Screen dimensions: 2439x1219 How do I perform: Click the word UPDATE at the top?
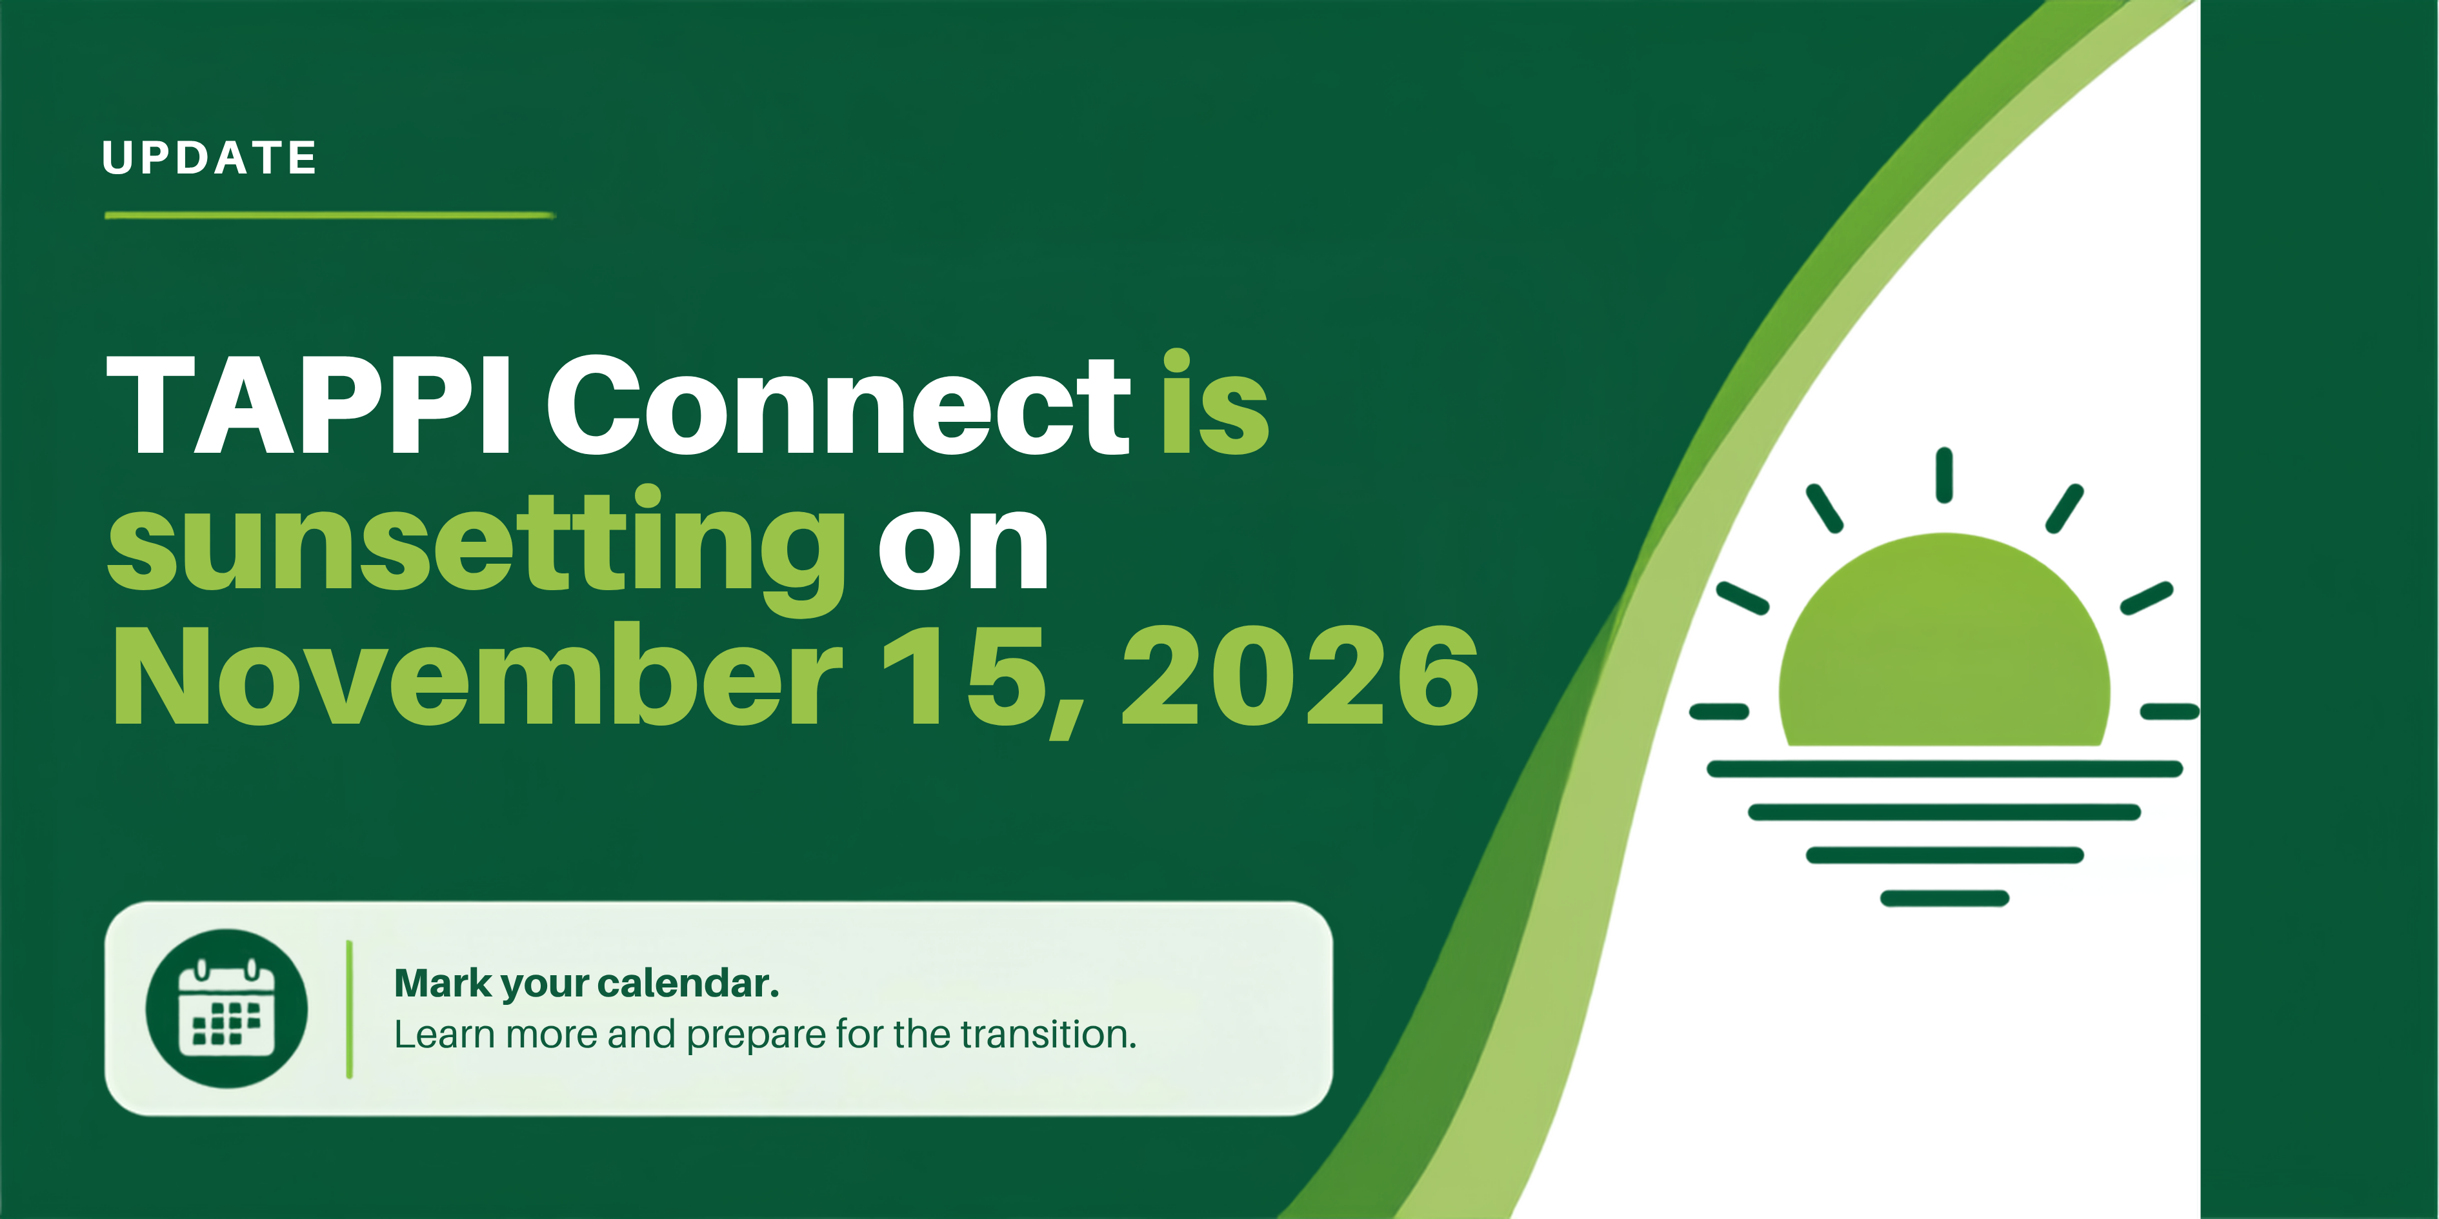[x=209, y=158]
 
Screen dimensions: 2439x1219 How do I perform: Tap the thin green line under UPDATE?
[x=330, y=216]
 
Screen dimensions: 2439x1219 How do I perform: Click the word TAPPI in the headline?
[x=308, y=404]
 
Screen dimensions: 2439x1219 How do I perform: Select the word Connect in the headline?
[x=839, y=404]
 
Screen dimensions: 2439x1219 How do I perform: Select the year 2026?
[x=1300, y=676]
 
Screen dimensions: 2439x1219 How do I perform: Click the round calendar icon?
[x=226, y=1008]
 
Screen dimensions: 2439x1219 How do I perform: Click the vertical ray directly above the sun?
[x=1944, y=475]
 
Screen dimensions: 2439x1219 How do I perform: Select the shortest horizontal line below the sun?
[x=1945, y=898]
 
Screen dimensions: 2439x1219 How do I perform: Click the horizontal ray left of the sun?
[x=1720, y=711]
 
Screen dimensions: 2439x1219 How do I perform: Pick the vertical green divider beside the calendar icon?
[x=349, y=1009]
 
